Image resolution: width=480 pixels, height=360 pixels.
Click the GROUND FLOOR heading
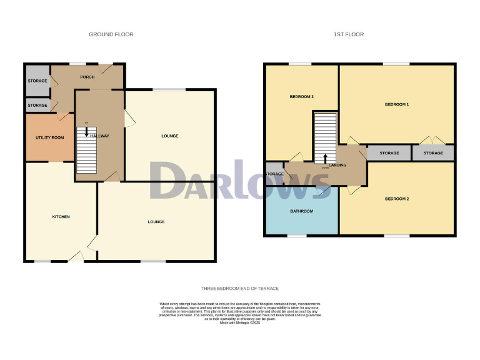click(x=111, y=34)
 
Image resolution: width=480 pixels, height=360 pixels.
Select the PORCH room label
click(x=87, y=77)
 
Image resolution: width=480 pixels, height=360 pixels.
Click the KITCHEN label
click(x=60, y=217)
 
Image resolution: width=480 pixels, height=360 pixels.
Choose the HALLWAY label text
click(x=99, y=136)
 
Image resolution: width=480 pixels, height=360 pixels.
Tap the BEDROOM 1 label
click(x=396, y=104)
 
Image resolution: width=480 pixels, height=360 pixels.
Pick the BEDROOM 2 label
click(x=397, y=199)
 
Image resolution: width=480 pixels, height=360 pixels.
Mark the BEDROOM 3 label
click(x=301, y=97)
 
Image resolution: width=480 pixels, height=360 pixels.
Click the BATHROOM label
click(x=301, y=211)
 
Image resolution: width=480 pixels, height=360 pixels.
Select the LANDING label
click(x=337, y=165)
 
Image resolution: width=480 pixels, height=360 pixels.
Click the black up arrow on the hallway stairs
click(x=86, y=131)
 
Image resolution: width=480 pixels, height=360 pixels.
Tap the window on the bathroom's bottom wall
click(x=297, y=236)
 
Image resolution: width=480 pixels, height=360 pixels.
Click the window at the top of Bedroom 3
click(x=300, y=64)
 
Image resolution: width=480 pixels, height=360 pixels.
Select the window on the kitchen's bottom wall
click(x=42, y=261)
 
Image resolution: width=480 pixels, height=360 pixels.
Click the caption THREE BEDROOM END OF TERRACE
click(x=240, y=288)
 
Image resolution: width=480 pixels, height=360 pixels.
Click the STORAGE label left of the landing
click(x=274, y=174)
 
